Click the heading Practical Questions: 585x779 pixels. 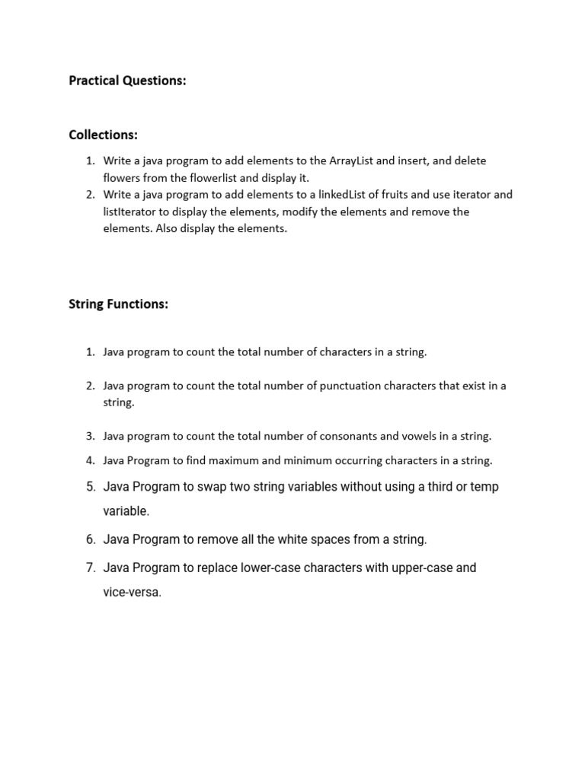pyautogui.click(x=127, y=81)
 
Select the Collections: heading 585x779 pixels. pyautogui.click(x=103, y=135)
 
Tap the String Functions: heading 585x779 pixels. pyautogui.click(x=118, y=304)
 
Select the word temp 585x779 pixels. pyautogui.click(x=484, y=487)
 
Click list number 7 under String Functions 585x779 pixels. pyautogui.click(x=90, y=568)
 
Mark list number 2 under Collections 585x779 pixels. pyautogui.click(x=89, y=195)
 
